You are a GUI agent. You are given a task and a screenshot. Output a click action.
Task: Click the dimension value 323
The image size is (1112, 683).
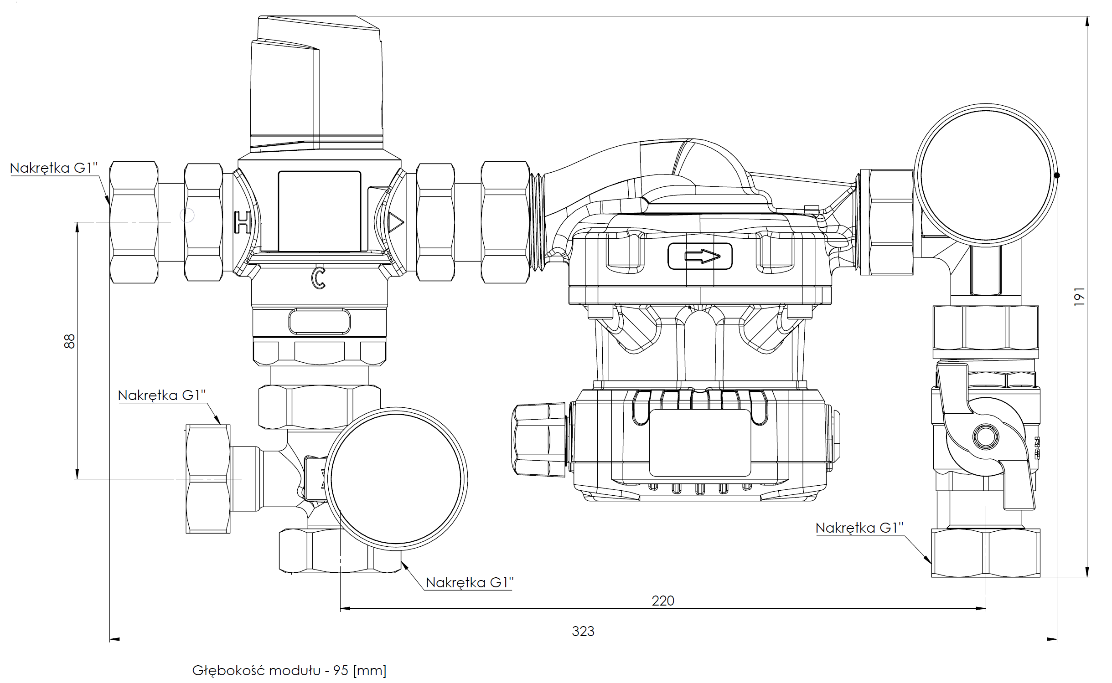pyautogui.click(x=583, y=631)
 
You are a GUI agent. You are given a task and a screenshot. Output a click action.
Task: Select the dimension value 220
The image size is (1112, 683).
pyautogui.click(x=662, y=601)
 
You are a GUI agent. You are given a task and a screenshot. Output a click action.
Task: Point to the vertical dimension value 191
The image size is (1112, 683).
pyautogui.click(x=1079, y=297)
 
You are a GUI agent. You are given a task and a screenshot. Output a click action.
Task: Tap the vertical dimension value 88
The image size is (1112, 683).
pyautogui.click(x=69, y=341)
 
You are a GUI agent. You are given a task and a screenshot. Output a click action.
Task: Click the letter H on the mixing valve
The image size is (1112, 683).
pyautogui.click(x=242, y=222)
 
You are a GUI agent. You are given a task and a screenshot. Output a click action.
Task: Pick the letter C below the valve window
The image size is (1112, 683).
pyautogui.click(x=318, y=278)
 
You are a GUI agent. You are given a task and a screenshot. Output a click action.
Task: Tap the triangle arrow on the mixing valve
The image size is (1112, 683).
pyautogui.click(x=395, y=223)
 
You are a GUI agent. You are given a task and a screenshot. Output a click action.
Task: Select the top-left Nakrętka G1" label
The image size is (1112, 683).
pyautogui.click(x=54, y=168)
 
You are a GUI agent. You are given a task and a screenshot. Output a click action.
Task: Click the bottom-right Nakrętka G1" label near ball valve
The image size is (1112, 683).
pyautogui.click(x=859, y=528)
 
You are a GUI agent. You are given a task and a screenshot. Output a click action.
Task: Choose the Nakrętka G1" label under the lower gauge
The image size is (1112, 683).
pyautogui.click(x=469, y=582)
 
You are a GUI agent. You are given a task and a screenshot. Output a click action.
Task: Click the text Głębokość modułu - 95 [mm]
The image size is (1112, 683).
pyautogui.click(x=289, y=670)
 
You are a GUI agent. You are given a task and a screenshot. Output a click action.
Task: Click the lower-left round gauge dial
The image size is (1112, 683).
pyautogui.click(x=396, y=479)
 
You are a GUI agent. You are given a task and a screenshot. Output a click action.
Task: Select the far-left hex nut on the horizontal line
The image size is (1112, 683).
pyautogui.click(x=134, y=222)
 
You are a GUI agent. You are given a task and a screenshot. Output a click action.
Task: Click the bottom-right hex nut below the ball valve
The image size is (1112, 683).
pyautogui.click(x=985, y=553)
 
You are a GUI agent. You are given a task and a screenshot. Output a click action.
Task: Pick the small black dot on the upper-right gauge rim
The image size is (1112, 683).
pyautogui.click(x=1057, y=175)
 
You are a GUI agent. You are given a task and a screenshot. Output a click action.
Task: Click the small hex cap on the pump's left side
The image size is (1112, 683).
pyautogui.click(x=538, y=439)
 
